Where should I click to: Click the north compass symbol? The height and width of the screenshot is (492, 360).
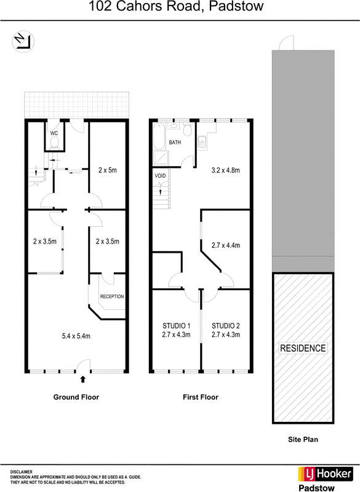coord(23,42)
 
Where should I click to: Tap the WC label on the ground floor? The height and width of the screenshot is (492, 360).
coord(54,133)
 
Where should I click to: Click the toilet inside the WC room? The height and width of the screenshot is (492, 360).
coord(55,142)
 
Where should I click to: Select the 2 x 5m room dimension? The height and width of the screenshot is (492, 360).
coord(108,170)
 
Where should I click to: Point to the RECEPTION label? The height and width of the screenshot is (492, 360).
coord(112,296)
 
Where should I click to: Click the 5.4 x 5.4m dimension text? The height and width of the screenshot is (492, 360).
coord(76,336)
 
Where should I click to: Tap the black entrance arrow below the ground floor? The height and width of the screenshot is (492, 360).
coord(83,379)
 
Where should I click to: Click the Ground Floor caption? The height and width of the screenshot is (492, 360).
coord(76,397)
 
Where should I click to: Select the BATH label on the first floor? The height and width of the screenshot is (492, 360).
coord(175,143)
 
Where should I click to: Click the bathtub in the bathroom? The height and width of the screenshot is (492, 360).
coord(159,136)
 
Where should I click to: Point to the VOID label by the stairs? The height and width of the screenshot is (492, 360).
coord(160,176)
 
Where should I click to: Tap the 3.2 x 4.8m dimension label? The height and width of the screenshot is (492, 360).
coord(226,170)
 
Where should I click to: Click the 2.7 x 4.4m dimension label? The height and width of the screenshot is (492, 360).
coord(226,245)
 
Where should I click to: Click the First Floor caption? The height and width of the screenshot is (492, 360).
coord(201,397)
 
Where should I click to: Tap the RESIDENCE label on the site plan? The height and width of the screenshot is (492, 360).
coord(303,348)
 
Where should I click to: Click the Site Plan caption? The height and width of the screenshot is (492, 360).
coord(303,440)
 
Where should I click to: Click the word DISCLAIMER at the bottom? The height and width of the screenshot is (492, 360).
coord(22,472)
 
